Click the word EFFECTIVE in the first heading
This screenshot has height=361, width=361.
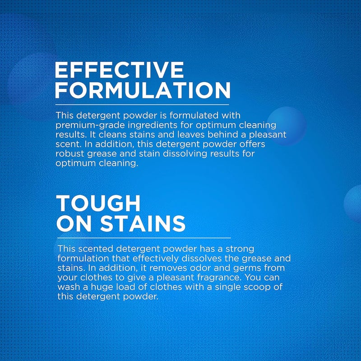[119, 70]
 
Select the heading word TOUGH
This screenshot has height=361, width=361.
[98, 203]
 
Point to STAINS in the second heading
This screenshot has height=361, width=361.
[143, 223]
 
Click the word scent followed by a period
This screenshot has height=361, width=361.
[69, 144]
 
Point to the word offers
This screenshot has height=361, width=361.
[252, 144]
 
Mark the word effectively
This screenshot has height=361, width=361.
[156, 259]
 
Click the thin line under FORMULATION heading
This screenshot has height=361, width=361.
[142, 105]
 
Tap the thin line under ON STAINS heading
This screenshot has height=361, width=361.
[144, 238]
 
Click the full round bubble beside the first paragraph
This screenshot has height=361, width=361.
[287, 126]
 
